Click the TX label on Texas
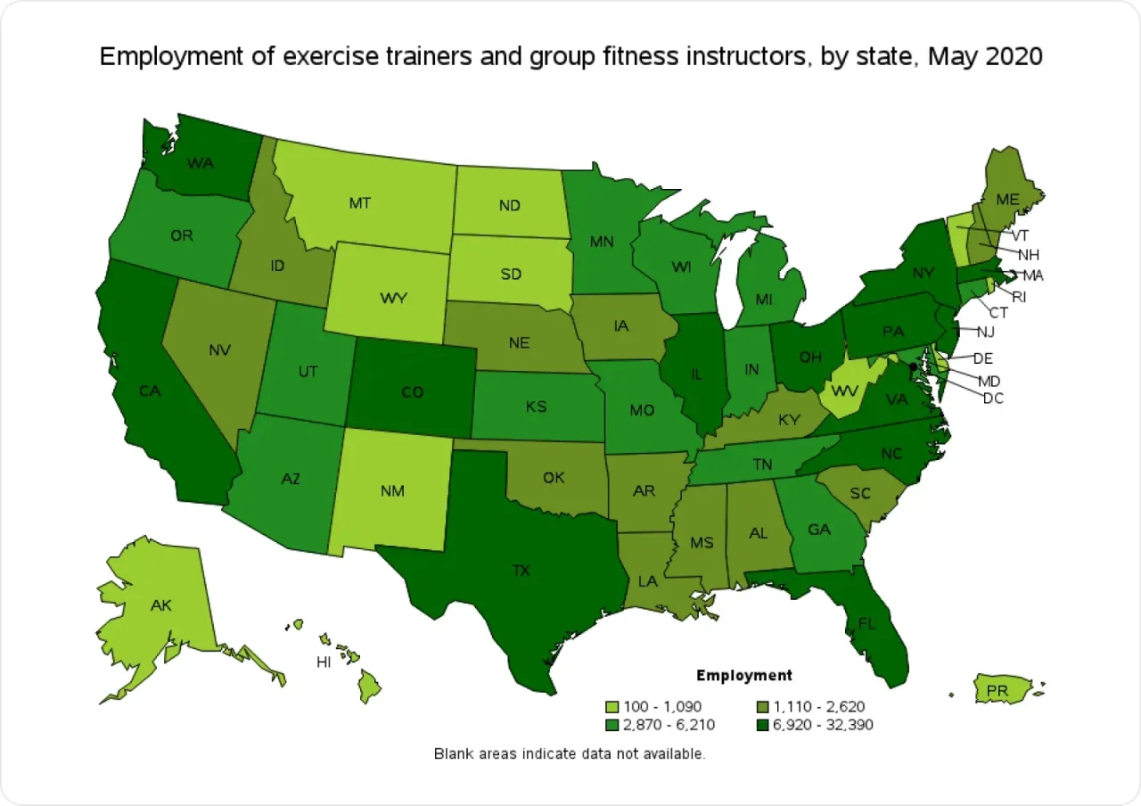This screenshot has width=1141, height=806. coord(521,570)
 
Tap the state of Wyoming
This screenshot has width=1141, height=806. coord(392,298)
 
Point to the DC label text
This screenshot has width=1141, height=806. coord(993,399)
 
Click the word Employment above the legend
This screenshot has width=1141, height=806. coord(743,675)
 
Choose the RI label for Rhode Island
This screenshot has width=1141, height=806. coord(1019,297)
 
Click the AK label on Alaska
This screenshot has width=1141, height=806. coord(160,605)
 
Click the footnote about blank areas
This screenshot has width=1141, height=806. coord(570,753)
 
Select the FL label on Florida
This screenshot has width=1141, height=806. coord(866,623)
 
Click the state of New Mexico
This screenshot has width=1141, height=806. coord(392,491)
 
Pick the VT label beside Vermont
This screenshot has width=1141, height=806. coord(1021,235)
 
